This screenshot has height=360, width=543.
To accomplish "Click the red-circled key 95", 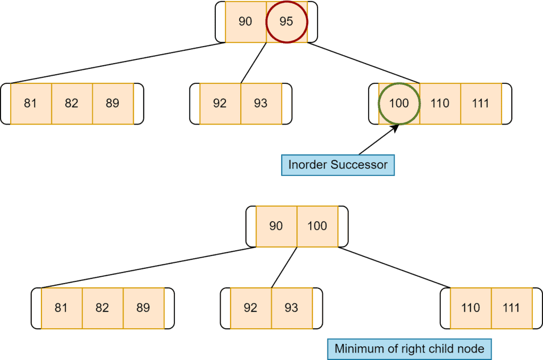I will (x=286, y=22).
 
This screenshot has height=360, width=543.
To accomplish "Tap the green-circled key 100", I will (x=399, y=103).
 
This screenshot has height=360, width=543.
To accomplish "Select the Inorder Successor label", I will (x=338, y=165).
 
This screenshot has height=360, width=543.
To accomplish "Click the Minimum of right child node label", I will (x=409, y=349).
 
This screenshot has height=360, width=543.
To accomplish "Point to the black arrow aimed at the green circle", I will (x=379, y=140).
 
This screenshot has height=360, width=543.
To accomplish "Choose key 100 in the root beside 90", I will (x=317, y=226).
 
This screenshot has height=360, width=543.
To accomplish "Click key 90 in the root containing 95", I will (x=246, y=22).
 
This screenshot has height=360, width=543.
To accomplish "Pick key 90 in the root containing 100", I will (x=276, y=226).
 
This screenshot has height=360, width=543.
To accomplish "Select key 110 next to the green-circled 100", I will (x=440, y=103).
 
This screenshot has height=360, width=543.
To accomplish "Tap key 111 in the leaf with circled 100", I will (x=480, y=103).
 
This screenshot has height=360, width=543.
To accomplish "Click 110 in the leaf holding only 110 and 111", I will (x=470, y=308).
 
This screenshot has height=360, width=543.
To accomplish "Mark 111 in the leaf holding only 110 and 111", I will (x=511, y=308).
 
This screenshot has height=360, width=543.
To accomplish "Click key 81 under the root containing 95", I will (x=31, y=103).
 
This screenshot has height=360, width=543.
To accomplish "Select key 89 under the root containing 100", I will (x=143, y=308).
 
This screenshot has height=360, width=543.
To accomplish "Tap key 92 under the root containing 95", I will (x=220, y=103).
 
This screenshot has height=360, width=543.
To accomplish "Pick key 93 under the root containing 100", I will (x=291, y=308).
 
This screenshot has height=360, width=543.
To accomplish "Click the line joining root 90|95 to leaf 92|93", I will (x=253, y=63).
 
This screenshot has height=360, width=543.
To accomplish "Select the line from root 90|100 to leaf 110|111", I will (x=393, y=267).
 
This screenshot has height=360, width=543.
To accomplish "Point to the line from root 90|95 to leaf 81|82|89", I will (x=118, y=63).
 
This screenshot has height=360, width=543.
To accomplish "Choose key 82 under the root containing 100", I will (x=102, y=308).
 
